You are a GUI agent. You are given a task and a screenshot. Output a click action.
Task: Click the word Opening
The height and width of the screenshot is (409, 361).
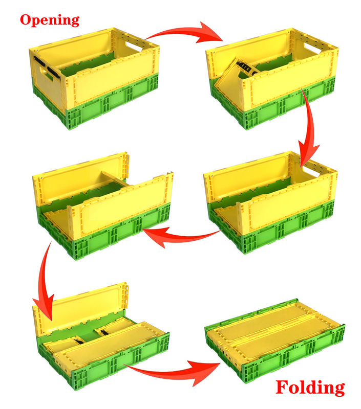pos(50,20)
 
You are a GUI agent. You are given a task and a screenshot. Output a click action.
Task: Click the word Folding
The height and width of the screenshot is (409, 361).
pos(310,388)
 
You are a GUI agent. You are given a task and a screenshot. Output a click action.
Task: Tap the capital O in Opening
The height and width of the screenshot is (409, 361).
pos(26,19)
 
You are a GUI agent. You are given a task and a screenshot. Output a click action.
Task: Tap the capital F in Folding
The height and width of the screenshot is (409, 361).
pos(282,387)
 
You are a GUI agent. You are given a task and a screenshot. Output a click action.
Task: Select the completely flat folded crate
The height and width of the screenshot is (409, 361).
pos(274,339)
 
